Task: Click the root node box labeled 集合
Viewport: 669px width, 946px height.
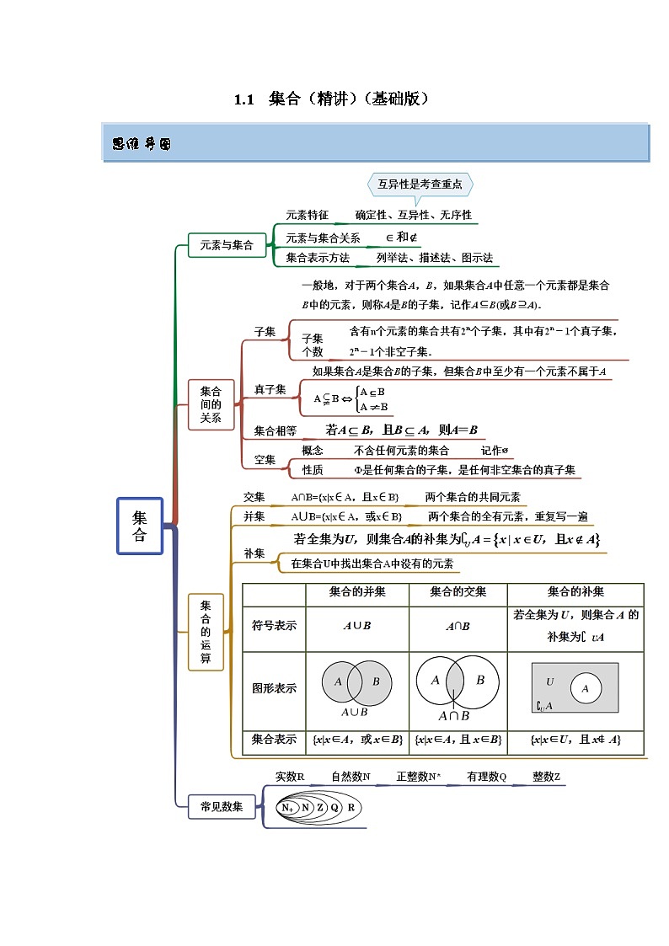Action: click(x=140, y=526)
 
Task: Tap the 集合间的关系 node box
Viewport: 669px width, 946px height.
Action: click(x=211, y=404)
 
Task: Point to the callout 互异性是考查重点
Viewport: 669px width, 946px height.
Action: click(x=420, y=184)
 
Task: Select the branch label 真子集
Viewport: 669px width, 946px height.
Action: click(x=270, y=389)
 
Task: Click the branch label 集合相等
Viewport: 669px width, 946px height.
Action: click(x=276, y=430)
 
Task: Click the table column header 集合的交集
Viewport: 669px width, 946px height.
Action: click(x=458, y=592)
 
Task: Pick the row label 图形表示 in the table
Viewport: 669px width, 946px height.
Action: click(x=275, y=688)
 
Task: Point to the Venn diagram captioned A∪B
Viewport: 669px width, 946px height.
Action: click(x=357, y=682)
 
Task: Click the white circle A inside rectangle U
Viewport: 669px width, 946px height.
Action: click(x=586, y=688)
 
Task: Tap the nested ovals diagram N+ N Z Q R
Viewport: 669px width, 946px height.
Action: click(x=318, y=807)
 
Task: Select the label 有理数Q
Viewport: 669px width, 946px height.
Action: click(x=486, y=777)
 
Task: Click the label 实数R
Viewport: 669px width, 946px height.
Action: click(x=290, y=776)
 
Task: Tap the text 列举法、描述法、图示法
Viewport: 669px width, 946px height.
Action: click(x=435, y=258)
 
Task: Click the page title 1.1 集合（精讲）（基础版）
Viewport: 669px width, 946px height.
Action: click(x=333, y=99)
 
